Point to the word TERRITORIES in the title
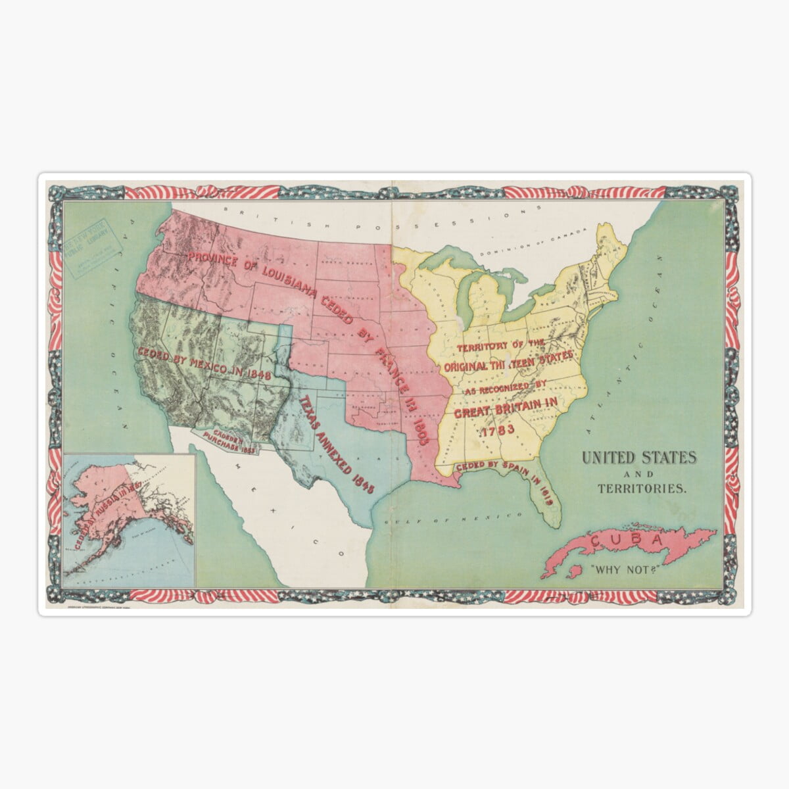642,489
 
